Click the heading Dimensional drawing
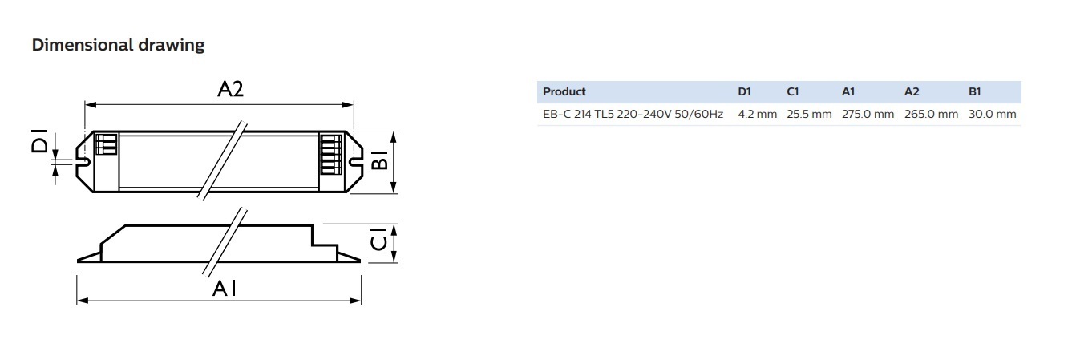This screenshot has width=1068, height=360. click(x=118, y=46)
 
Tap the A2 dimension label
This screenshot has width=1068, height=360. click(x=230, y=90)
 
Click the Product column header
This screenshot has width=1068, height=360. click(x=564, y=92)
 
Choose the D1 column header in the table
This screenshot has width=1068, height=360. click(x=745, y=92)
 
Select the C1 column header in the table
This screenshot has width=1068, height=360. click(x=793, y=92)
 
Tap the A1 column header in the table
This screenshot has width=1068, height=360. click(x=848, y=92)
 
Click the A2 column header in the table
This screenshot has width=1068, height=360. click(x=912, y=92)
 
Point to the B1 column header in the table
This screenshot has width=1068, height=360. click(x=975, y=92)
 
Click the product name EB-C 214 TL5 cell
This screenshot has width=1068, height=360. click(x=633, y=115)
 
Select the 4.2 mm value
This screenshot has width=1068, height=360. click(x=757, y=115)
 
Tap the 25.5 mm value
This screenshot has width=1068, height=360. click(x=809, y=115)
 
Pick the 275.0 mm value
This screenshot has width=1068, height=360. click(x=868, y=115)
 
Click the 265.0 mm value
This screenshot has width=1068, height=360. click(x=931, y=115)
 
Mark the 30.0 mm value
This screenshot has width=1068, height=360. click(x=992, y=115)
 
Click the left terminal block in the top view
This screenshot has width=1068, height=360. click(x=107, y=144)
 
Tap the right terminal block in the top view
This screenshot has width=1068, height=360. click(x=328, y=152)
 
